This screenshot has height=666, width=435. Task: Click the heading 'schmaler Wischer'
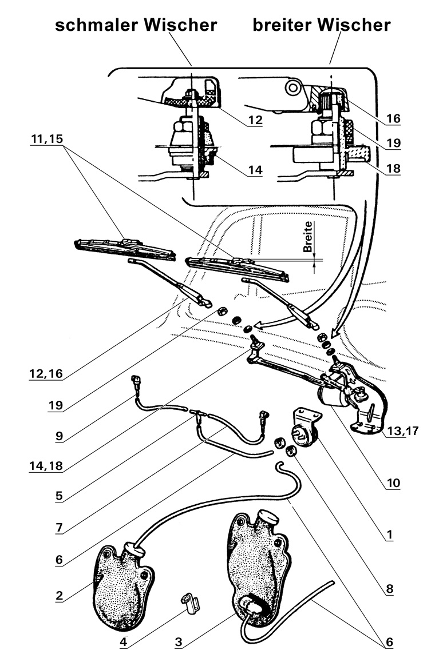(136, 25)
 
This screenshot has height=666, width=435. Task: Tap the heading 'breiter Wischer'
(322, 25)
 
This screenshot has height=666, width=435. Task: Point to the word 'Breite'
(308, 237)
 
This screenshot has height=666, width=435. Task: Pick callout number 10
(393, 484)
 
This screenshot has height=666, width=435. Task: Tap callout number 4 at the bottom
(123, 642)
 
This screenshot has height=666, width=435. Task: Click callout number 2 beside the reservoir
(59, 596)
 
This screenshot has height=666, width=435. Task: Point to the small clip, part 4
(188, 601)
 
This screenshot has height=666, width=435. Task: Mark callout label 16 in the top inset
(393, 119)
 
